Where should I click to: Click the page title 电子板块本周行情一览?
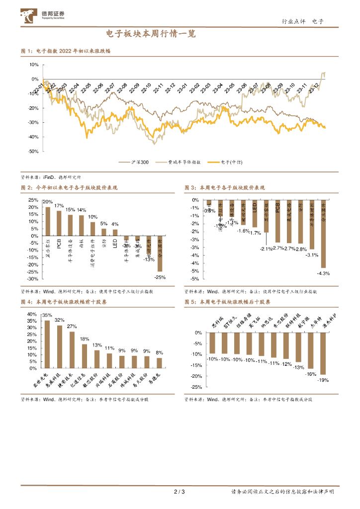[x=151, y=34]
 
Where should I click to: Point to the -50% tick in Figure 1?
[x=33, y=151]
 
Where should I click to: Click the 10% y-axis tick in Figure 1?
[x=34, y=65]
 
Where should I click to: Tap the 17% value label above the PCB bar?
[x=59, y=206]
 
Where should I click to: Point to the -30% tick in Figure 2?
[x=32, y=279]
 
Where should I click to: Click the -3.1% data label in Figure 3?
[x=312, y=254]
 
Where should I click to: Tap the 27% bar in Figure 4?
[x=72, y=350]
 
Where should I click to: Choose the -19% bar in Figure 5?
[x=323, y=353]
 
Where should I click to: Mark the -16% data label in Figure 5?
[x=311, y=373]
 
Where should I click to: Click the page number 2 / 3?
[x=180, y=492]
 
